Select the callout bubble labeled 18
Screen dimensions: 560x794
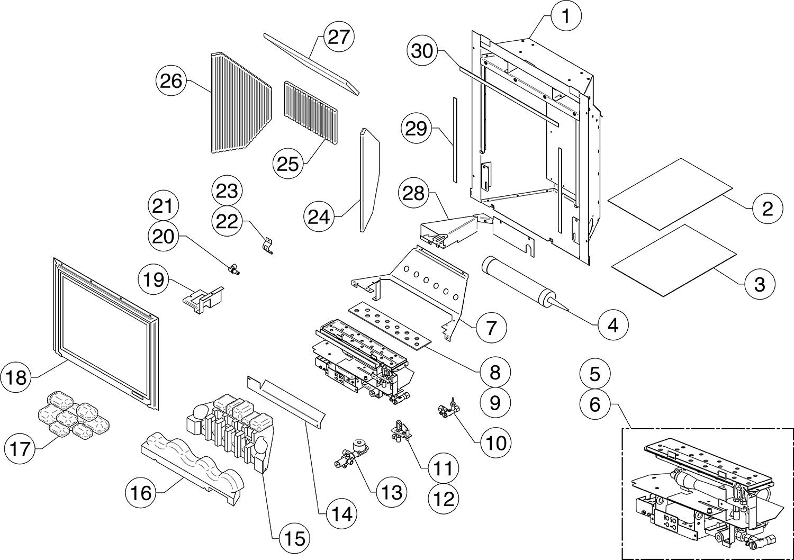[x=17, y=378]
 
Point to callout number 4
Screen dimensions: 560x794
[x=613, y=324]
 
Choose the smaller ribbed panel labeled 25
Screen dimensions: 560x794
[x=310, y=113]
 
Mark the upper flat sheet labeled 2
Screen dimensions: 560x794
[x=670, y=194]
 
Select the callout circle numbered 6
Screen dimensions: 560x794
[x=594, y=405]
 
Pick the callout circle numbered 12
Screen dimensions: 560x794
[x=444, y=498]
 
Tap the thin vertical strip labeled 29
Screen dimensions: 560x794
[x=454, y=139]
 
